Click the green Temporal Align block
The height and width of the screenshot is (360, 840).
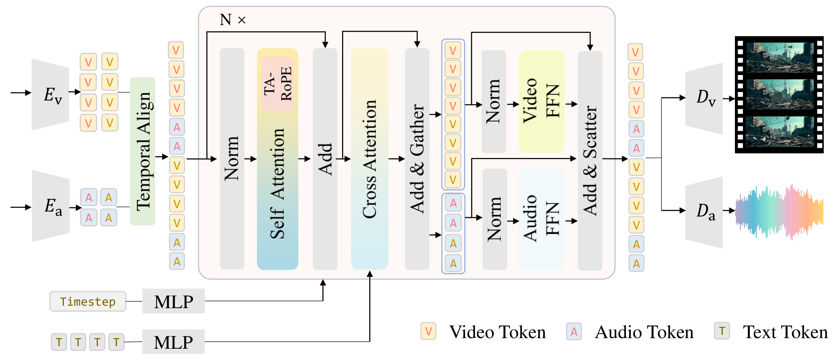[142, 151]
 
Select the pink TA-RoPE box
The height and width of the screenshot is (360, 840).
[278, 84]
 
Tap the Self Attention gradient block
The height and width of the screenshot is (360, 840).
[278, 183]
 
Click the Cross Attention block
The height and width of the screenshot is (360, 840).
[369, 159]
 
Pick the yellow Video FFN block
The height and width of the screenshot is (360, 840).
[541, 101]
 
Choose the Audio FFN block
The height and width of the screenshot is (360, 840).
[541, 219]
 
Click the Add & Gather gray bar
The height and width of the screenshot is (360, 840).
[417, 159]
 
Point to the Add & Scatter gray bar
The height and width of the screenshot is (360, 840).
[590, 160]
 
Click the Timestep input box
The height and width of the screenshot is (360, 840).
[88, 301]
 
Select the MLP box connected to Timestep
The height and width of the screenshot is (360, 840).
[174, 301]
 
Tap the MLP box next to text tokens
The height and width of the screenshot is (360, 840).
[174, 342]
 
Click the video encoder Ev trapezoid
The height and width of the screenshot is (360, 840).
[50, 94]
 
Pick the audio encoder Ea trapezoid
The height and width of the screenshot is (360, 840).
[51, 206]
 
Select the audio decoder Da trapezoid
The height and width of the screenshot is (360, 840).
[704, 212]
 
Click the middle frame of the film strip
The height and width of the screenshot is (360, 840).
[780, 94]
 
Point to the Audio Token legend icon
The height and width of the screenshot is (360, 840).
[574, 331]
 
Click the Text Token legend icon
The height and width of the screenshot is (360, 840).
[722, 331]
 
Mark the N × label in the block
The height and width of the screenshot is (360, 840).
[232, 20]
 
